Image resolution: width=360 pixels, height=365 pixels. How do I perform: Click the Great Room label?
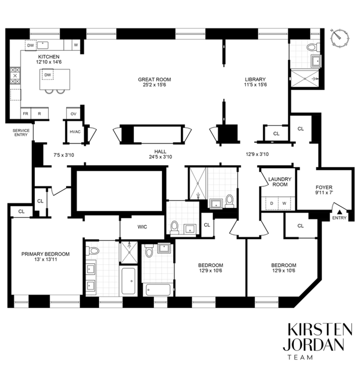[154, 80]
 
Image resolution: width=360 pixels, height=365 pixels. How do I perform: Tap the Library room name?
[255, 80]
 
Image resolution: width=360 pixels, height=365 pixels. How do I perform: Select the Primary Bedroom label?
[45, 254]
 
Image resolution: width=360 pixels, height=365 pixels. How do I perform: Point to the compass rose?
[340, 37]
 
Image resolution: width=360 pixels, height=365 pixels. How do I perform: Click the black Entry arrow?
[339, 212]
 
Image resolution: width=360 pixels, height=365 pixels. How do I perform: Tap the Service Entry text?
[21, 133]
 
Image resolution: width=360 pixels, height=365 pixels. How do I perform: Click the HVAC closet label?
[75, 132]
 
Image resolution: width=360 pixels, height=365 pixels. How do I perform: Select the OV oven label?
[73, 114]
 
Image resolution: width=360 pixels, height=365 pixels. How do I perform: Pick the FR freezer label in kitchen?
[25, 114]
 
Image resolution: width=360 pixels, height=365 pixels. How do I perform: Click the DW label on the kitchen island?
[48, 75]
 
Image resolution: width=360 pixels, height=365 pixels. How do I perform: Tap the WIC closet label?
[142, 227]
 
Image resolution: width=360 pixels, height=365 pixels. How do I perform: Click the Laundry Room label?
[280, 182]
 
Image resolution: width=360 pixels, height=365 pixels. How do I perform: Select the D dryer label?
[271, 204]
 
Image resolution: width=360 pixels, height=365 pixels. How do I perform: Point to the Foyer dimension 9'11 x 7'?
[324, 193]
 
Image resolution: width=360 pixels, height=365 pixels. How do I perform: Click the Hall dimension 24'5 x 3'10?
[160, 157]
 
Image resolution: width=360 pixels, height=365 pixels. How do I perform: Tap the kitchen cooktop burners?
[15, 76]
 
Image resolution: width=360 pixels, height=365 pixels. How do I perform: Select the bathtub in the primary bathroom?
[128, 281]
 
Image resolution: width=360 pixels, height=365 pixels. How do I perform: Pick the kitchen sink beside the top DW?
[43, 45]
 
